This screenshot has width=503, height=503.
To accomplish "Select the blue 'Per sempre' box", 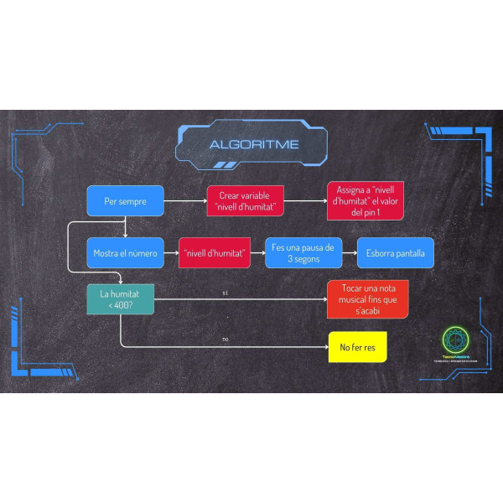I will [125, 201].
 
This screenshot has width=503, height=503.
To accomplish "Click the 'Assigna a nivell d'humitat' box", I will [364, 201].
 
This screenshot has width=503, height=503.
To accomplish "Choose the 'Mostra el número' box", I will [125, 252].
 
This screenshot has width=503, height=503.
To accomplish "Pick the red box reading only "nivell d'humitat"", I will [215, 252].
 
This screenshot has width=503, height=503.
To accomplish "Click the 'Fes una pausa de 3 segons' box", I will [303, 252].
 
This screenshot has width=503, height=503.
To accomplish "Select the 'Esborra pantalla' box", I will [395, 252].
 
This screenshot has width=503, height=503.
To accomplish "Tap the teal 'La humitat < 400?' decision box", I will [122, 299].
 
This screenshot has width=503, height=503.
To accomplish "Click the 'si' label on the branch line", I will [225, 293].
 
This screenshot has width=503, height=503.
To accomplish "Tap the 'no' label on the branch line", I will [225, 340].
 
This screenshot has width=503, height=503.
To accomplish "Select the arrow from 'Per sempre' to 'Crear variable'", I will [184, 201].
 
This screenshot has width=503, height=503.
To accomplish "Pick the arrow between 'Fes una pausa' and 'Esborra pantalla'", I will [349, 252].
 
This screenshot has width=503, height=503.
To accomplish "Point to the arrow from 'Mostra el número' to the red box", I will [171, 252].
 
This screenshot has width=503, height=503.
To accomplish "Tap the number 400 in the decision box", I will [123, 305].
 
